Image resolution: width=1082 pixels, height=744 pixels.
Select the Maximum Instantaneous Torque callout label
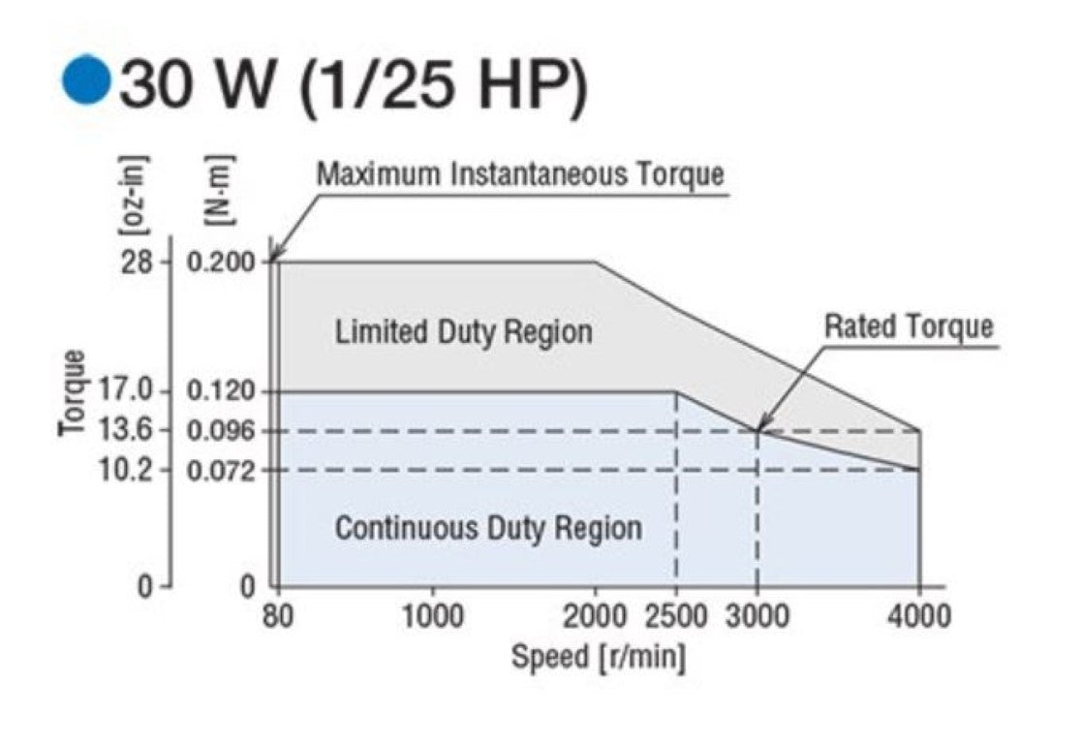pyautogui.click(x=520, y=175)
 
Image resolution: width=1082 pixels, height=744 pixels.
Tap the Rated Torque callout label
pyautogui.click(x=908, y=327)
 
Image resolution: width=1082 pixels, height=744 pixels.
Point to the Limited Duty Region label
pyautogui.click(x=463, y=332)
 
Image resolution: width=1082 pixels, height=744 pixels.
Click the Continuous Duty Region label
pyautogui.click(x=487, y=529)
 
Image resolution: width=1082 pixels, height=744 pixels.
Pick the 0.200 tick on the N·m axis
pyautogui.click(x=222, y=263)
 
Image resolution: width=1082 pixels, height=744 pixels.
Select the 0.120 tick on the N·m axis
pyautogui.click(x=222, y=391)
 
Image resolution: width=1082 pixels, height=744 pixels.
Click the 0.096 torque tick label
pyautogui.click(x=222, y=430)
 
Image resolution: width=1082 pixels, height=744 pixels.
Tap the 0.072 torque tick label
pyautogui.click(x=222, y=471)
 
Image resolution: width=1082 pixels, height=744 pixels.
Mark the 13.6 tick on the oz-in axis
pyautogui.click(x=127, y=430)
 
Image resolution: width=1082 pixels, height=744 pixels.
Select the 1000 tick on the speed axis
pyautogui.click(x=431, y=615)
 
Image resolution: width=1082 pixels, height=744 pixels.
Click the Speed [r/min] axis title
pyautogui.click(x=598, y=658)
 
